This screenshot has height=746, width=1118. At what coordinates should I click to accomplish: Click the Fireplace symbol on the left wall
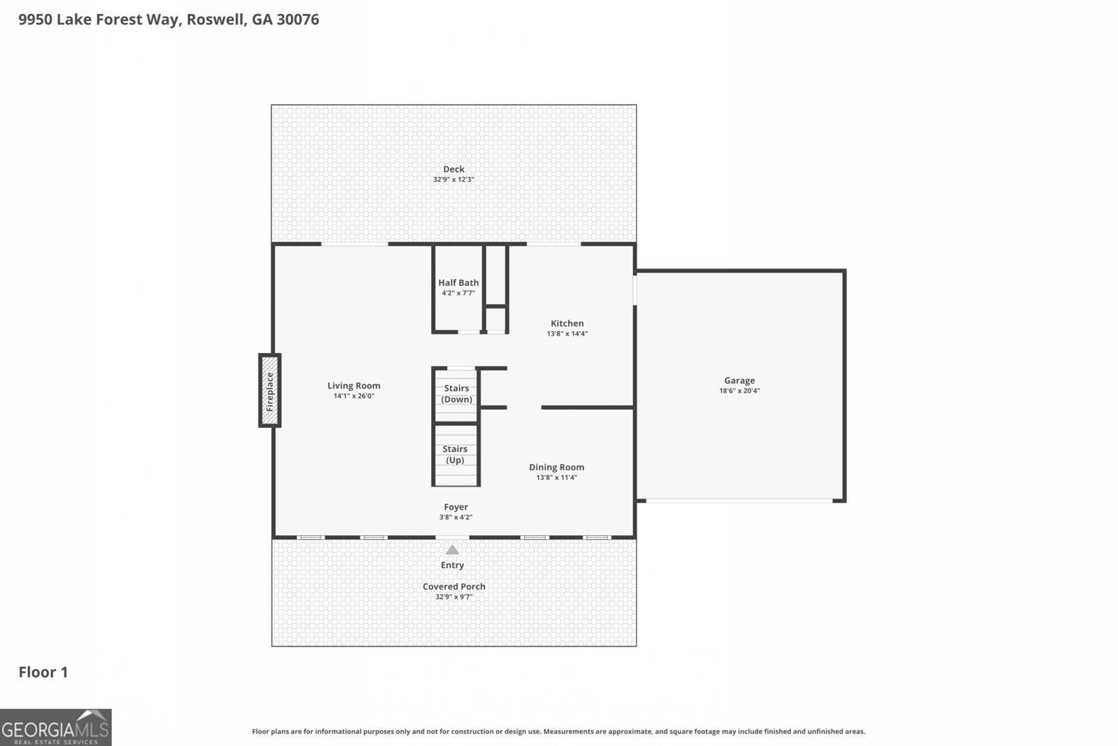tap(270, 390)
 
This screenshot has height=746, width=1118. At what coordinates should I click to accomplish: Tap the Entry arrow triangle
tap(453, 550)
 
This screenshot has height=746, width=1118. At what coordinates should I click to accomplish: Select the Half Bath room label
tap(458, 282)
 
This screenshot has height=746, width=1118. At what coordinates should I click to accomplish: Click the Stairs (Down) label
tap(456, 394)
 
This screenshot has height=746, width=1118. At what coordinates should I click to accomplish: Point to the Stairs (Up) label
tap(455, 454)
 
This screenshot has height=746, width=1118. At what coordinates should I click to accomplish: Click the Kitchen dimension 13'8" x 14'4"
tap(567, 333)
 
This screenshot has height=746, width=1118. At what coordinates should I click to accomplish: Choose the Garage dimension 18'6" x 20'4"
tap(739, 391)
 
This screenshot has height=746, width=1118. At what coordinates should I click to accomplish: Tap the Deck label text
tap(453, 168)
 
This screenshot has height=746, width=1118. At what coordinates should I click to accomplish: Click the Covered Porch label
tap(453, 587)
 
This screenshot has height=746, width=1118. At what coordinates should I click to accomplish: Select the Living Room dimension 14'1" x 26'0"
tap(354, 396)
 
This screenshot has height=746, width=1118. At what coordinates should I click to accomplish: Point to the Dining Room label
tap(556, 467)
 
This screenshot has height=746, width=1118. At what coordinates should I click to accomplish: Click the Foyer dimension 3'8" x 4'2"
tap(456, 517)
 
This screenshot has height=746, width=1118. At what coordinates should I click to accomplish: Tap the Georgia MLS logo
tap(56, 727)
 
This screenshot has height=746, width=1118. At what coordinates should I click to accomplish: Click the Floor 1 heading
tap(43, 672)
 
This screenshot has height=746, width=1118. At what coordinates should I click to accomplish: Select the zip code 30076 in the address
tap(298, 20)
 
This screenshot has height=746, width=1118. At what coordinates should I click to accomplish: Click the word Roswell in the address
tap(216, 20)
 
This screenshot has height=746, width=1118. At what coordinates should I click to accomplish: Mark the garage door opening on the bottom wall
tap(739, 501)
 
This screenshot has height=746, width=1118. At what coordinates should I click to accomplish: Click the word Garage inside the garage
tap(739, 380)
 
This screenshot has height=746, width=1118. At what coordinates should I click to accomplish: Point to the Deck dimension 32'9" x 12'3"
tap(453, 180)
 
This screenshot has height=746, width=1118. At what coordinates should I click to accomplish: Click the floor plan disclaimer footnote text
tap(558, 731)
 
